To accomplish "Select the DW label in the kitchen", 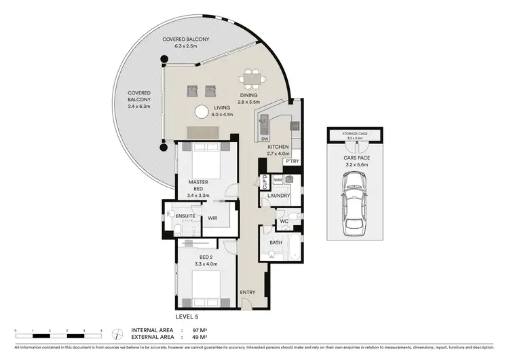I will (x=265, y=139).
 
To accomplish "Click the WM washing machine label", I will (x=278, y=180).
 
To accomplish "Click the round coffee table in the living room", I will (x=202, y=113).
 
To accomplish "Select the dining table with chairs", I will (x=253, y=79).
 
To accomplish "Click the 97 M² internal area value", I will (x=199, y=329).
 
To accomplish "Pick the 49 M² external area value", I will (x=199, y=336).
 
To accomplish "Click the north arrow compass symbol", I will (x=119, y=332).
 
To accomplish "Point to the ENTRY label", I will (x=247, y=293).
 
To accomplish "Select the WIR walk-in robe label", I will (x=212, y=219).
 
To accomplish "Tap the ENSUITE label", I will (x=185, y=216).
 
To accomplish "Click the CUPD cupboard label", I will (x=265, y=181).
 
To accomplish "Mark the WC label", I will (x=284, y=221).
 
